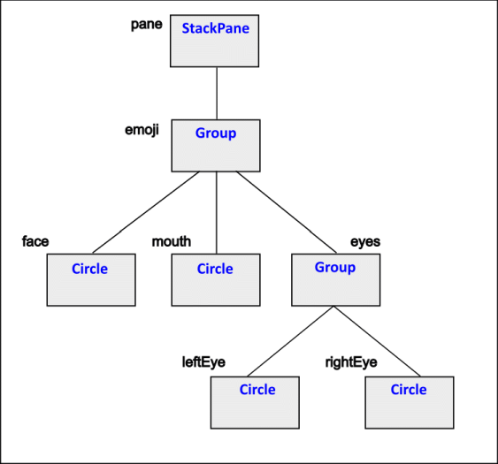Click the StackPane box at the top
[x=215, y=41]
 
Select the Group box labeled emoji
[x=215, y=145]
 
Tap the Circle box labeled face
[x=90, y=279]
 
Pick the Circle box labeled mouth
[x=215, y=279]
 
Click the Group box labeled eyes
[x=335, y=279]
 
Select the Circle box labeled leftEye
[x=257, y=401]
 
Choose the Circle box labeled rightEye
[x=409, y=401]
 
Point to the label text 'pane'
[x=146, y=24]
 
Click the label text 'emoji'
[x=142, y=129]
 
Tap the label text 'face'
[x=35, y=241]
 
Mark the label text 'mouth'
[x=171, y=241]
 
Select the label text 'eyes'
[x=365, y=241]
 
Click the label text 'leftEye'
[x=203, y=361]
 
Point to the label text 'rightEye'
[x=352, y=361]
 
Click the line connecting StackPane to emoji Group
[x=216, y=93]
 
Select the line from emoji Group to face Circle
[x=144, y=212]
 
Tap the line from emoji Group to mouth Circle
[x=216, y=212]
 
